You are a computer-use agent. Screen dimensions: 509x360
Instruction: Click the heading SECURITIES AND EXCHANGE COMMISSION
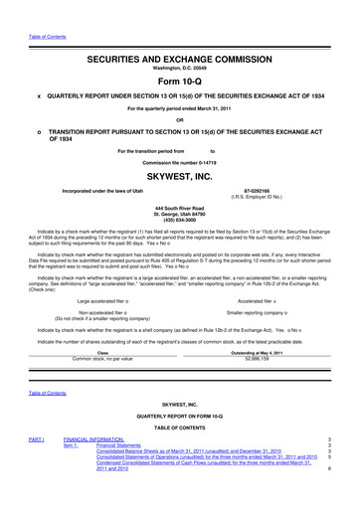(x=179, y=34)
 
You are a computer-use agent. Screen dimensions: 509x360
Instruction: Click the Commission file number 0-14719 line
(x=179, y=160)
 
